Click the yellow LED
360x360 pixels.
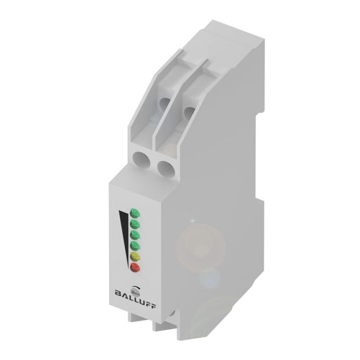pyautogui.click(x=133, y=255)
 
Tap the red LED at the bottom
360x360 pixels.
pyautogui.click(x=134, y=267)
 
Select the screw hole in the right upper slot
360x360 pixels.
pyautogui.click(x=188, y=110)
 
